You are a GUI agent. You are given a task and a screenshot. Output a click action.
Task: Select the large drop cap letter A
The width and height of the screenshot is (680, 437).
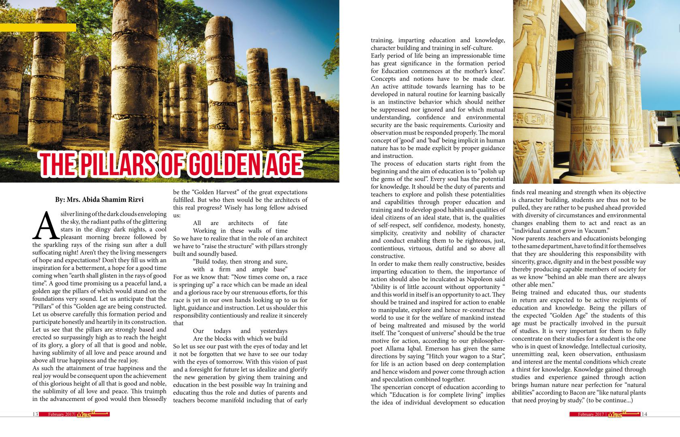(45, 226)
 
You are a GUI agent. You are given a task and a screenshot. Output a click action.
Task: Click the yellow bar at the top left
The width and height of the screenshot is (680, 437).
(38, 28)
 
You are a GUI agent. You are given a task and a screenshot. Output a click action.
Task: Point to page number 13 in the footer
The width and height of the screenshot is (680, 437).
(35, 414)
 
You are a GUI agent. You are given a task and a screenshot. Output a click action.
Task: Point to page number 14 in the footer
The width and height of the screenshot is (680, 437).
(644, 414)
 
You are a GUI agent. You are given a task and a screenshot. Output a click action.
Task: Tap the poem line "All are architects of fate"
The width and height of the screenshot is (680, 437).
(240, 223)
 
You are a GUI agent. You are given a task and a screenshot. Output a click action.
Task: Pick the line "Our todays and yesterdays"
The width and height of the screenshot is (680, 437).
(240, 331)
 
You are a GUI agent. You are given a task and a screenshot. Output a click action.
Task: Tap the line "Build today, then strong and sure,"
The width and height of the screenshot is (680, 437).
(240, 261)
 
